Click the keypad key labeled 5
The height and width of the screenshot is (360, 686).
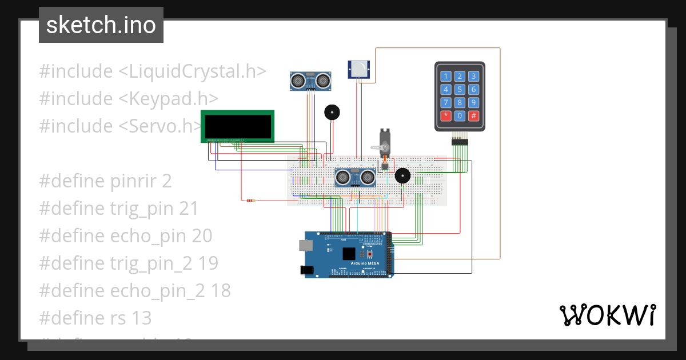coord(460,89)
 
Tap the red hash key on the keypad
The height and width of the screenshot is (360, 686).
coord(473,116)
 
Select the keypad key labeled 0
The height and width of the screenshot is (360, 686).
coord(460,116)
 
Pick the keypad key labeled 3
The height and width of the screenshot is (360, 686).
coord(473,76)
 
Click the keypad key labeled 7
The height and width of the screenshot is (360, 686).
coord(446,103)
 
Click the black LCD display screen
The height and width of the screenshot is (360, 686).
coord(238,126)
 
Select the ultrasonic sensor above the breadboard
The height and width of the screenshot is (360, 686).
coord(310,81)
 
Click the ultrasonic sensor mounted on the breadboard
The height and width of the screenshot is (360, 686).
coord(354,177)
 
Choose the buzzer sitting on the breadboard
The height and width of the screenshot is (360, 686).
coord(403,175)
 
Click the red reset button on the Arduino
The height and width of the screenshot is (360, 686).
coord(370,253)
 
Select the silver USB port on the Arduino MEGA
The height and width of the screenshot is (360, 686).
coord(306,246)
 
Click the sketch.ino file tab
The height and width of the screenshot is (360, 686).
coord(101,25)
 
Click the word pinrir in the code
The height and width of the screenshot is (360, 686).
coord(134,181)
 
